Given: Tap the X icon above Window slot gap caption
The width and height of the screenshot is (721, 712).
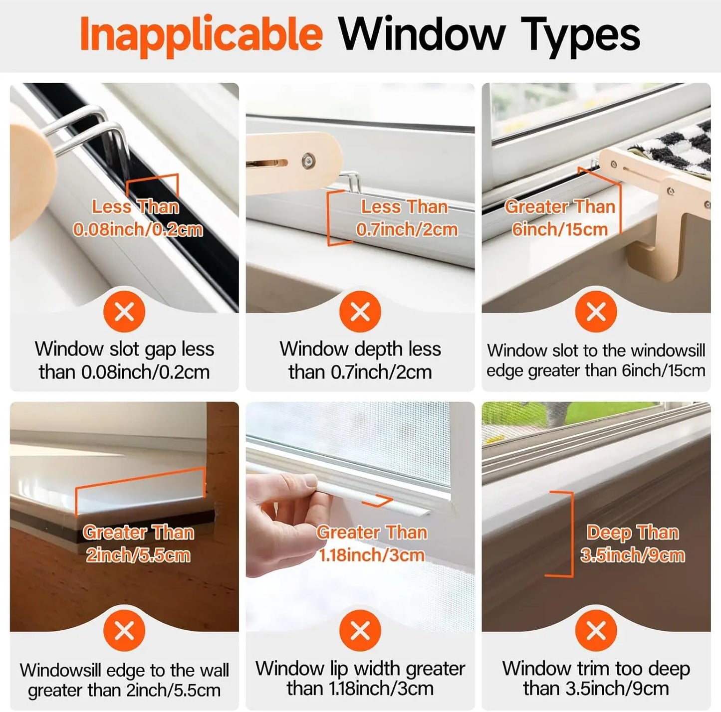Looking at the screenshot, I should (x=124, y=312).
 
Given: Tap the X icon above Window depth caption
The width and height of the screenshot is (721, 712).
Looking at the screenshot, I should (x=360, y=312).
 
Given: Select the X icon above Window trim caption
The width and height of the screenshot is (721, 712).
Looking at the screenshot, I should (x=596, y=631).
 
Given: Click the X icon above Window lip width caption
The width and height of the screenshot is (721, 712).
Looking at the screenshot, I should (x=360, y=631).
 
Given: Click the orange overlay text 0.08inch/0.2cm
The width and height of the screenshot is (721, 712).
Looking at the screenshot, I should (x=138, y=230).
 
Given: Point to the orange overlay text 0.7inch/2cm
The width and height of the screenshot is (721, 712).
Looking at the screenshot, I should (x=407, y=229).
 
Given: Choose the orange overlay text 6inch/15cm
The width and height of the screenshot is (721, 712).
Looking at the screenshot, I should (x=559, y=229).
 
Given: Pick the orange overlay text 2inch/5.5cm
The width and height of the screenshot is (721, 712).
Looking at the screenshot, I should (x=138, y=555).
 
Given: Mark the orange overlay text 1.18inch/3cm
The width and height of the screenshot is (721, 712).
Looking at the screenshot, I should (x=372, y=555).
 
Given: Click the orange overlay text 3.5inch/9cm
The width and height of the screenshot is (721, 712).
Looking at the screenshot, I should (x=632, y=555).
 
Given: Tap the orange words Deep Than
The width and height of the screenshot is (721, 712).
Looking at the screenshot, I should (x=632, y=533).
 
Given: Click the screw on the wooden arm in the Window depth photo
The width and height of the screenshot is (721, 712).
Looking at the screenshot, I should (x=307, y=161).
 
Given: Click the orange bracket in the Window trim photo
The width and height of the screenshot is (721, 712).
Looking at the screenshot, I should (x=570, y=534).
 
